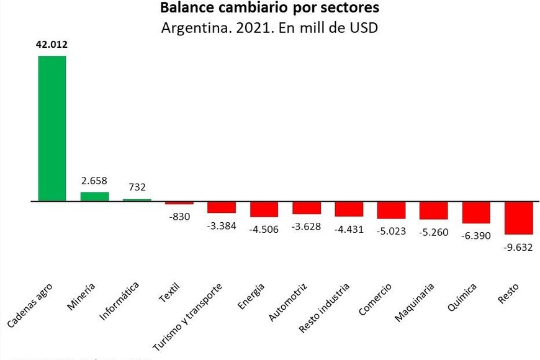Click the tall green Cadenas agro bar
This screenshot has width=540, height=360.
52,128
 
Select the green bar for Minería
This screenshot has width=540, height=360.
94,197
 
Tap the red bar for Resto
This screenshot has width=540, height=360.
519,218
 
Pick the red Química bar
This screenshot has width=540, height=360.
476,212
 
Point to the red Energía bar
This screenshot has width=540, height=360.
264,209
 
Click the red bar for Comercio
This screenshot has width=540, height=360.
391,210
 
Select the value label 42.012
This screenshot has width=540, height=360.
52,45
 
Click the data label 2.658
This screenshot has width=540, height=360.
94,181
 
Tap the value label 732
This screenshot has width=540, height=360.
137,187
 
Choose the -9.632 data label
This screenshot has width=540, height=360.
519,246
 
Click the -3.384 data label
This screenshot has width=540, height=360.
222,225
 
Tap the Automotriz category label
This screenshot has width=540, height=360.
288,304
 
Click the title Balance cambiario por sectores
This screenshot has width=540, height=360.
270,9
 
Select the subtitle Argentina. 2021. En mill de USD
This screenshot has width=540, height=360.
270,29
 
